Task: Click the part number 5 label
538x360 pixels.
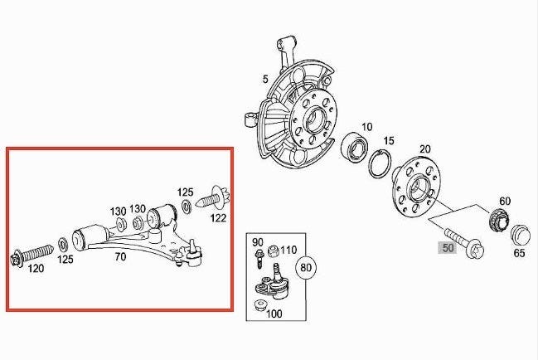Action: (265, 80)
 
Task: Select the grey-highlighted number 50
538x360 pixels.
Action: (448, 248)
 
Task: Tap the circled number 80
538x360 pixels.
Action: (306, 267)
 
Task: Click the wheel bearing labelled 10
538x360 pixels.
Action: (355, 147)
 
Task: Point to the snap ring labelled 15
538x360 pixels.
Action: (380, 164)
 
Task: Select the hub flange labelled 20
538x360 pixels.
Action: (416, 187)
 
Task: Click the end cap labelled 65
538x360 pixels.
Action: (520, 235)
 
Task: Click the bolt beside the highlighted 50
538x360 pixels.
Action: (464, 242)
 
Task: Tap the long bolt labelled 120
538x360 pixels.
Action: (32, 255)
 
